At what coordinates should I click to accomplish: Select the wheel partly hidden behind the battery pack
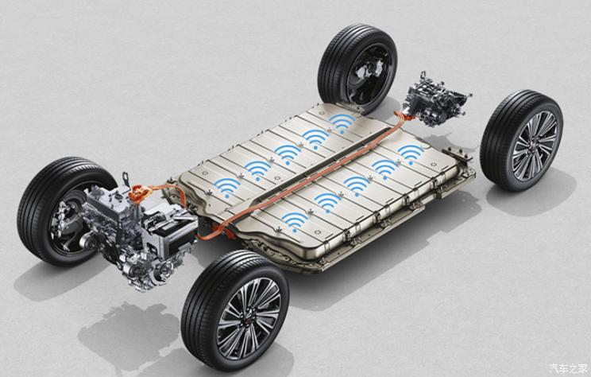[357, 68]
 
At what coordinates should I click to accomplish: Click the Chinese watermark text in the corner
[568, 367]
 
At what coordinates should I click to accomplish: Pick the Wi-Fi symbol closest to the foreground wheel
[295, 222]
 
